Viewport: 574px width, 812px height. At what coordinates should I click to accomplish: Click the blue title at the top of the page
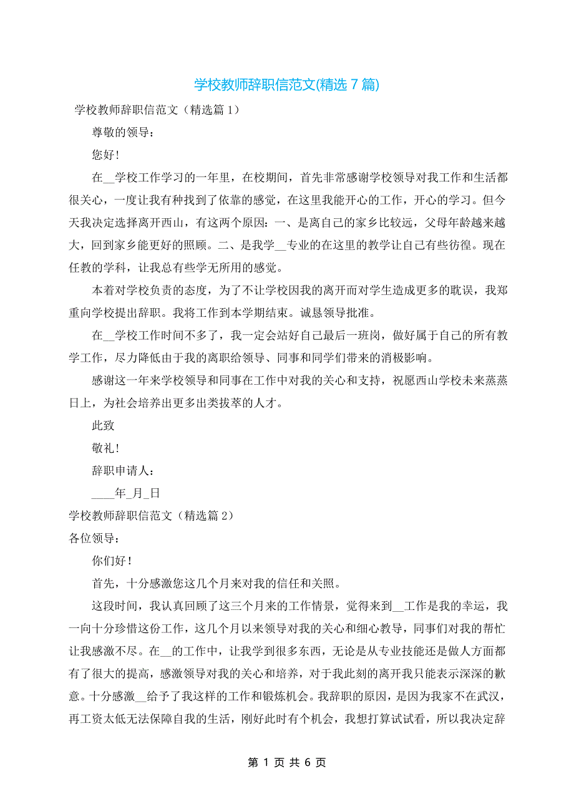click(286, 85)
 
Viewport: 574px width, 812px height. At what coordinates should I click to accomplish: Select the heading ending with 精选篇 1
click(156, 110)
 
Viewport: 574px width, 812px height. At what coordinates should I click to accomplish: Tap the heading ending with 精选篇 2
click(150, 516)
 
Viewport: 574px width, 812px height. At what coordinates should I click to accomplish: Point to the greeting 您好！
click(105, 155)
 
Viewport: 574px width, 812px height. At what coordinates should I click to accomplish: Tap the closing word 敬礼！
click(105, 448)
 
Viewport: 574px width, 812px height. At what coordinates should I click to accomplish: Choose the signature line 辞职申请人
click(122, 471)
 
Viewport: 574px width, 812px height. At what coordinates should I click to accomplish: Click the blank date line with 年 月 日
click(125, 493)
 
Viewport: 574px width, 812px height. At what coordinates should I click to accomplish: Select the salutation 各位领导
click(93, 538)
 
